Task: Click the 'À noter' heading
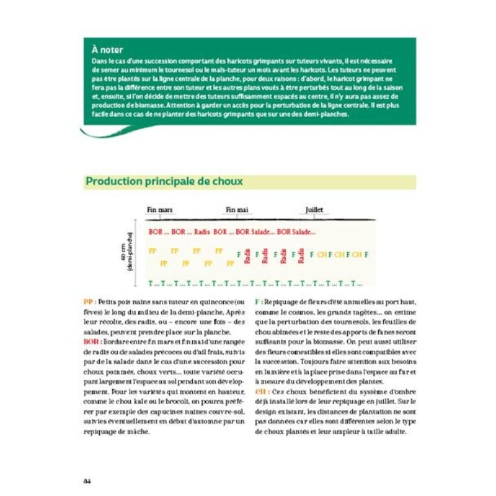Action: click(x=107, y=49)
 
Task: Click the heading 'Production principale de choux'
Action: click(x=164, y=182)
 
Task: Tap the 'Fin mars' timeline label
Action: click(x=159, y=210)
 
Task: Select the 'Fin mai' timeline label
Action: click(x=237, y=210)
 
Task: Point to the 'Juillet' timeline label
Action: click(x=314, y=210)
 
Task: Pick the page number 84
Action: click(x=87, y=481)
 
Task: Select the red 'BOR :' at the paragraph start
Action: click(x=91, y=342)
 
